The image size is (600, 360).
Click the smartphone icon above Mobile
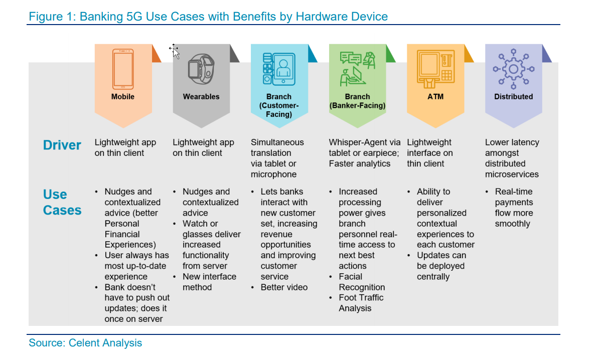pyautogui.click(x=123, y=69)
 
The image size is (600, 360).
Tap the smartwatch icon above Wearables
pyautogui.click(x=201, y=69)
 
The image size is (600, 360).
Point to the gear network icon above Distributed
pyautogui.click(x=514, y=69)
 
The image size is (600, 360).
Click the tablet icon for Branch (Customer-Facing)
pyautogui.click(x=279, y=69)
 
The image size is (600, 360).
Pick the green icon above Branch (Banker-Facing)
pyautogui.click(x=357, y=69)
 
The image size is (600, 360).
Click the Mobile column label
pyautogui.click(x=123, y=97)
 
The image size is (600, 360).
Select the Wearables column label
pyautogui.click(x=201, y=97)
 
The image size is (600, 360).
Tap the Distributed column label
pyautogui.click(x=514, y=97)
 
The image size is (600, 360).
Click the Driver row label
pyautogui.click(x=62, y=145)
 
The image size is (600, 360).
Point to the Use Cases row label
pyautogui.click(x=62, y=202)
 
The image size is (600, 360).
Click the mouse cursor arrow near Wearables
pyautogui.click(x=175, y=51)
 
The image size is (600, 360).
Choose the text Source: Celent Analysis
pyautogui.click(x=85, y=343)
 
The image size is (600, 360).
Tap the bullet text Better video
pyautogui.click(x=284, y=287)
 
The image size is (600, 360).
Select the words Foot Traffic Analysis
pyautogui.click(x=361, y=303)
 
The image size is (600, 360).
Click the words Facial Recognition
pyautogui.click(x=362, y=282)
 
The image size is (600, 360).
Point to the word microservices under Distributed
pyautogui.click(x=512, y=174)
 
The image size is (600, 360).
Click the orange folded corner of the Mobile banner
pyautogui.click(x=156, y=54)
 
